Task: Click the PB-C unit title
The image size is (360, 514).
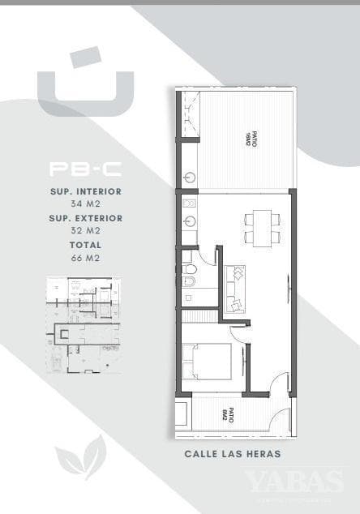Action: [x=85, y=169]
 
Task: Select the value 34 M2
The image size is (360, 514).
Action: [x=85, y=203]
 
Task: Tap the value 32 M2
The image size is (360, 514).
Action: [x=85, y=230]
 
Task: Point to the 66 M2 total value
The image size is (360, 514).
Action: [x=85, y=257]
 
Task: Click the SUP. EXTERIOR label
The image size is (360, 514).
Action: [x=85, y=218]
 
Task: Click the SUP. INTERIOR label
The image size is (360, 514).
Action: [x=85, y=191]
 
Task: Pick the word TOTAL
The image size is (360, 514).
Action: [x=85, y=245]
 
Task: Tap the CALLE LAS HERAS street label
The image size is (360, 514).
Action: [x=233, y=454]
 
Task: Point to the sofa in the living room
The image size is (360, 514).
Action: [x=236, y=288]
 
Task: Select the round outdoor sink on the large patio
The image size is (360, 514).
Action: [x=188, y=176]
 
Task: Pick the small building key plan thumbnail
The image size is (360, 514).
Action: [x=84, y=324]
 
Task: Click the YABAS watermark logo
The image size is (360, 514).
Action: [x=294, y=482]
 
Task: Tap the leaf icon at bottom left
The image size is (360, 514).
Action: [x=80, y=457]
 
